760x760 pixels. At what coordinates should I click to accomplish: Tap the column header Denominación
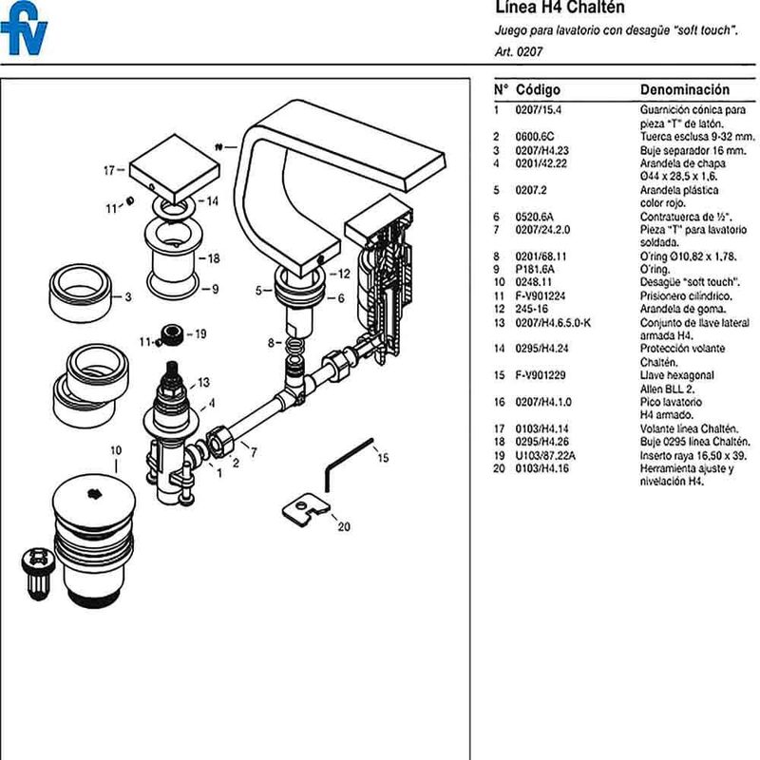(684, 90)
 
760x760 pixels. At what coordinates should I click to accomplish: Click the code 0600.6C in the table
(535, 137)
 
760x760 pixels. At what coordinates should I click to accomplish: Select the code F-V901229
(541, 375)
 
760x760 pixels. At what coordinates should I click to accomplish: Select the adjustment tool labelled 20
(303, 508)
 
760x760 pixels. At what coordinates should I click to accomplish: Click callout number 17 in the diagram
(108, 171)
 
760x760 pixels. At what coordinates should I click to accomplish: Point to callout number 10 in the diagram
(116, 449)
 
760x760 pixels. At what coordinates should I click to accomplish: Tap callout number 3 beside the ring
(127, 296)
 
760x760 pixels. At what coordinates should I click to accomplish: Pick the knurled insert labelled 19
(172, 333)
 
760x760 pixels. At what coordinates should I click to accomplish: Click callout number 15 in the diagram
(383, 458)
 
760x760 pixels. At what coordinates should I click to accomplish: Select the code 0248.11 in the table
(534, 282)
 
